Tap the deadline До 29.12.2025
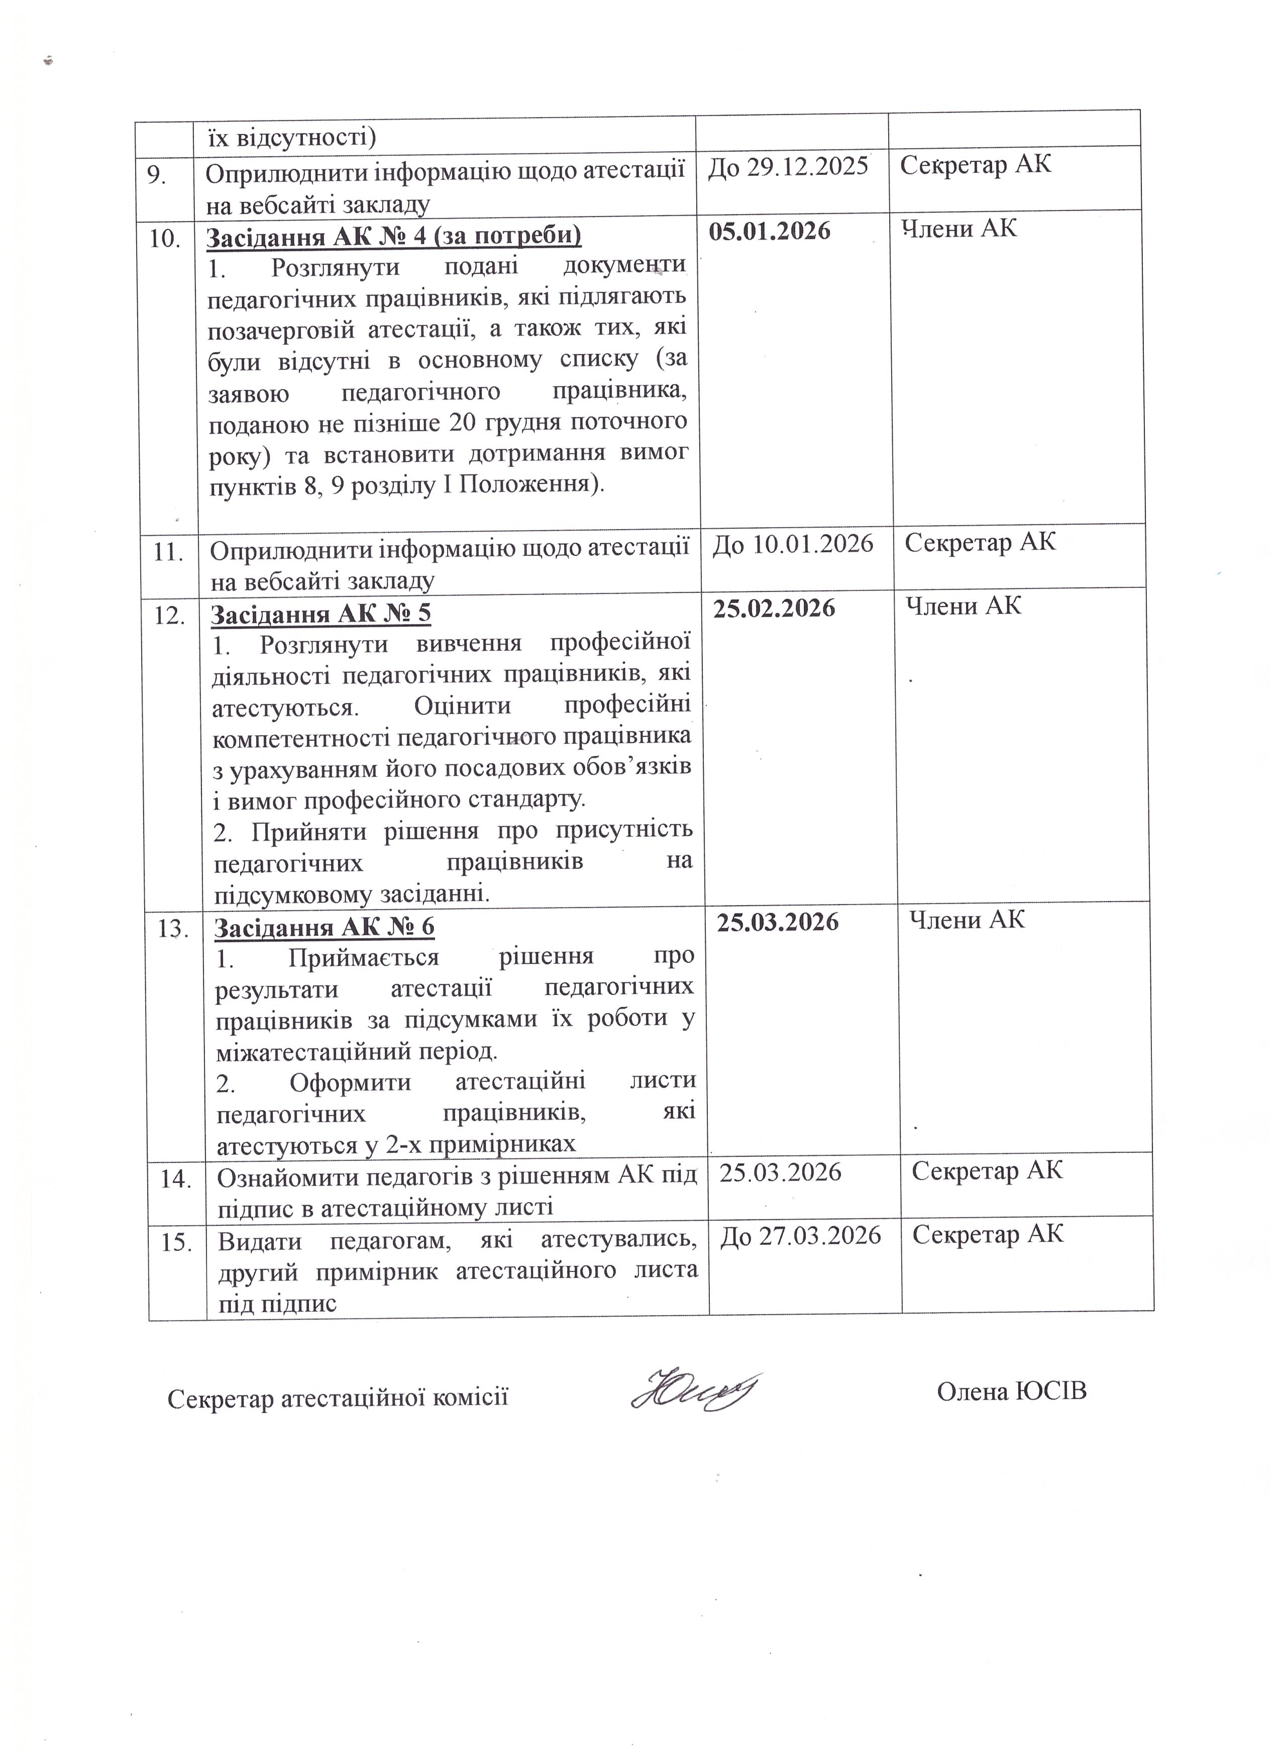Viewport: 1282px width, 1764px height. [x=788, y=166]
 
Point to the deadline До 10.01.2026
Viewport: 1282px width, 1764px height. [x=793, y=544]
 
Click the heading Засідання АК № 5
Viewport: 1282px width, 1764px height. [x=321, y=615]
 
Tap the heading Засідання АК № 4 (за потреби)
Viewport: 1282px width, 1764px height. [x=394, y=236]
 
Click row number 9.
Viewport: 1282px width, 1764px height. [x=158, y=176]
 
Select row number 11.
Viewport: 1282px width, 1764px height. [x=168, y=553]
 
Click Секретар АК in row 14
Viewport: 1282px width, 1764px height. [x=987, y=1170]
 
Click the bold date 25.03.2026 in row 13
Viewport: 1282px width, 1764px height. [x=778, y=922]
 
